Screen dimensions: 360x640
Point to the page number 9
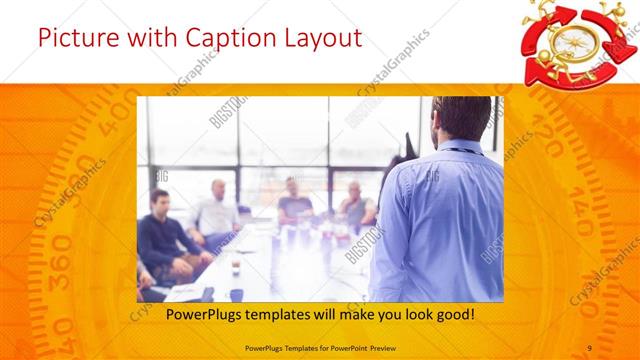[x=590, y=347]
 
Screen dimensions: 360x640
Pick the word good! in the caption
[x=451, y=316]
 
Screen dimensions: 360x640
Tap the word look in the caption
[x=408, y=316]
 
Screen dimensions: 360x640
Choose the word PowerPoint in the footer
[x=342, y=347]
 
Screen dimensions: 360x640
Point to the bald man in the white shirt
[x=216, y=210]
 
